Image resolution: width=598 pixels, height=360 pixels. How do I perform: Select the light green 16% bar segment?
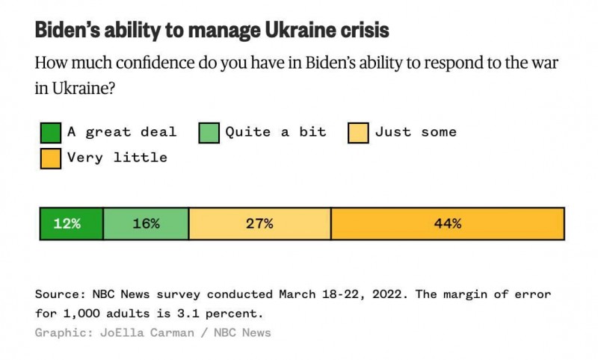(146, 223)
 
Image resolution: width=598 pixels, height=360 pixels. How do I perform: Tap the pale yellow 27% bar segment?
(259, 223)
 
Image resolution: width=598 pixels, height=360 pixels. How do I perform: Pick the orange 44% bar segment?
(447, 223)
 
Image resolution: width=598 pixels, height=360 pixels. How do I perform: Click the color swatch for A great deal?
(50, 133)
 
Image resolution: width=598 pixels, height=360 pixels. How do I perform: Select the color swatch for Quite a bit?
(209, 133)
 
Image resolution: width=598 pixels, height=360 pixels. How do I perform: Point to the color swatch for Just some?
(358, 133)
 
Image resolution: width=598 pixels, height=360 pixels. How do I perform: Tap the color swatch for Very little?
(50, 158)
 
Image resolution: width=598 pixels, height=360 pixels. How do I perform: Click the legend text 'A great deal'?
(122, 132)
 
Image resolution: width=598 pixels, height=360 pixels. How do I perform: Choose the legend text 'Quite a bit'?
(276, 132)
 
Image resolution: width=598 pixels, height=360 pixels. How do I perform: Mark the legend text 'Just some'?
(416, 132)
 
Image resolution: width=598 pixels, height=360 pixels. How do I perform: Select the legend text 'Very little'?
(117, 158)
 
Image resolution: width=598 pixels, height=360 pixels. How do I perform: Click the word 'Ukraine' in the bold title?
(288, 31)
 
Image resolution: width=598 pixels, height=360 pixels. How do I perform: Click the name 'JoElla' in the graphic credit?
(120, 332)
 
